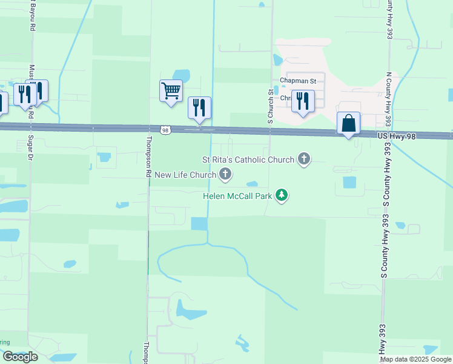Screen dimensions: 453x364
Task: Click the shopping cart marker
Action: pyautogui.click(x=171, y=91)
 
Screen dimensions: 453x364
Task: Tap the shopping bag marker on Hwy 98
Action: pyautogui.click(x=348, y=123)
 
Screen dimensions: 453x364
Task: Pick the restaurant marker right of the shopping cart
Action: pyautogui.click(x=199, y=107)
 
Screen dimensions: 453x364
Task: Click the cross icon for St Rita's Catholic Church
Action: pyautogui.click(x=304, y=160)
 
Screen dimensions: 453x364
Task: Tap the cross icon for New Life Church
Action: pyautogui.click(x=225, y=175)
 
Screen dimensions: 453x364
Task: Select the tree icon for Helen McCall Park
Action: pyautogui.click(x=282, y=195)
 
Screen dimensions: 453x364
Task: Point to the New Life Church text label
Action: pyautogui.click(x=185, y=175)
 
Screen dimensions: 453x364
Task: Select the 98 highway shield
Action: pyautogui.click(x=165, y=129)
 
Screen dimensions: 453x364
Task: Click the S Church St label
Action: pyautogui.click(x=271, y=106)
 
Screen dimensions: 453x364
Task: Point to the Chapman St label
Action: pyautogui.click(x=298, y=81)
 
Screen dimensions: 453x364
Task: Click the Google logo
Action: pyautogui.click(x=19, y=357)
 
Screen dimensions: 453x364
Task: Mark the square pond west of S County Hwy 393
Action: pyautogui.click(x=349, y=182)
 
